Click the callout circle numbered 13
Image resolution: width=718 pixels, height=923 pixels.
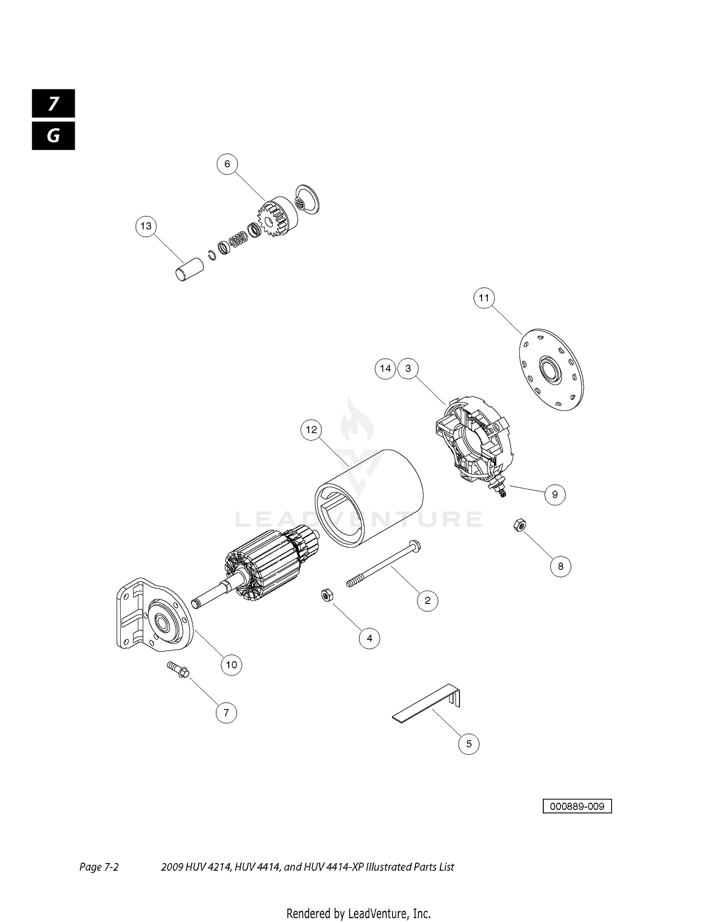(x=146, y=226)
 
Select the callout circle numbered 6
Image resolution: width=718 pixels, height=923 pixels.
(x=227, y=164)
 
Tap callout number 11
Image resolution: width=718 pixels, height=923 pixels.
(x=484, y=298)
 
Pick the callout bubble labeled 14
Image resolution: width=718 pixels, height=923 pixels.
(x=385, y=368)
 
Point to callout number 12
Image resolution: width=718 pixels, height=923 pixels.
(x=311, y=430)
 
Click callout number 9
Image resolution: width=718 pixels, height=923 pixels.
(x=555, y=494)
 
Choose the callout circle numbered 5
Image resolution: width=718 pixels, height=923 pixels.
(x=469, y=744)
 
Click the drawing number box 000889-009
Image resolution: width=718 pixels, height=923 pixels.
(x=577, y=806)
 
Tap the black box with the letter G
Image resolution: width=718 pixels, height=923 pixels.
(x=54, y=136)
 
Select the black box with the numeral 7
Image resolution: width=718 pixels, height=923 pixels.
(x=54, y=103)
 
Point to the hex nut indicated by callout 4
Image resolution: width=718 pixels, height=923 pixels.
(x=326, y=595)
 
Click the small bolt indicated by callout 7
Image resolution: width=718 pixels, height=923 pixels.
(x=178, y=669)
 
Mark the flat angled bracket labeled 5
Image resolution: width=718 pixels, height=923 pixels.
(x=427, y=703)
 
